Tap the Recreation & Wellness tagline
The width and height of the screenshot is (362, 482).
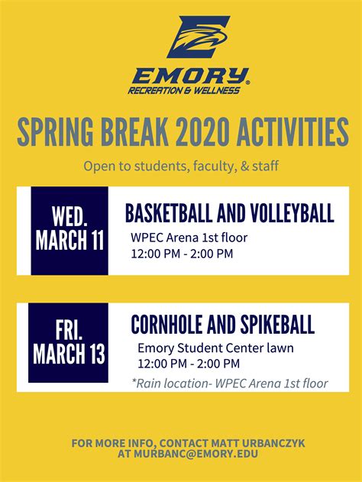click(x=185, y=90)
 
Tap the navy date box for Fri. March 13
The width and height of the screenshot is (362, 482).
click(x=68, y=342)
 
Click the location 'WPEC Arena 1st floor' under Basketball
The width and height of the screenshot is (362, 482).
click(x=189, y=238)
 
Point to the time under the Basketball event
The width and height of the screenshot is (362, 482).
click(x=182, y=254)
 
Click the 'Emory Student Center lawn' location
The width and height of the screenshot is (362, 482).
click(x=215, y=348)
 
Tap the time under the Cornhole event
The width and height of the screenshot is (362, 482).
click(x=189, y=364)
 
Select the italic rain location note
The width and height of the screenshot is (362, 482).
click(x=229, y=383)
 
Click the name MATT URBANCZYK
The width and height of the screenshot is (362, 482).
click(x=250, y=442)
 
